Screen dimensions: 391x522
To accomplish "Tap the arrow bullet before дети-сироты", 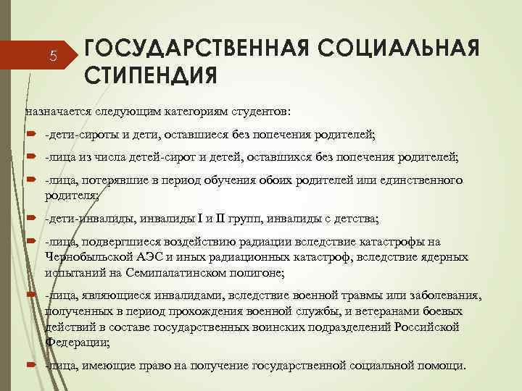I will (31, 135).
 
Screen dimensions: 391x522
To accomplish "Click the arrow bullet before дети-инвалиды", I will (31, 217).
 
